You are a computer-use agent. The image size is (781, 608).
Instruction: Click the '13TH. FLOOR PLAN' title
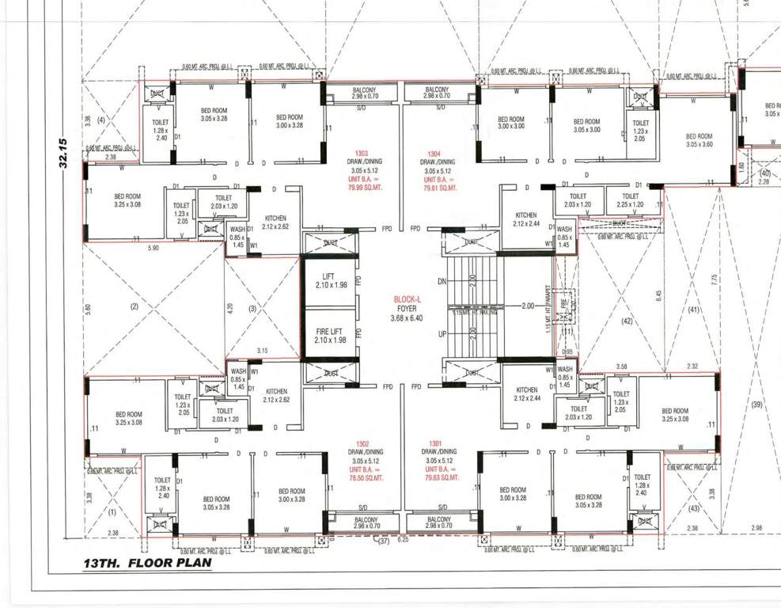click(148, 564)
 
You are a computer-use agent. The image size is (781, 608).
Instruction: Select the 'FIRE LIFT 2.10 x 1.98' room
click(328, 334)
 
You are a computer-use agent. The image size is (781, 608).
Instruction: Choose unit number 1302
click(363, 443)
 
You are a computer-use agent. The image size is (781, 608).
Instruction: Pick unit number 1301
click(435, 443)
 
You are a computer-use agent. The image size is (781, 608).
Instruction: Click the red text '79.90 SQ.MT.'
click(366, 188)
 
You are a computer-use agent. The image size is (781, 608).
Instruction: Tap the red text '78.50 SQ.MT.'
click(366, 478)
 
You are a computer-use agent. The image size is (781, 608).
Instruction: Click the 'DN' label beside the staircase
click(442, 282)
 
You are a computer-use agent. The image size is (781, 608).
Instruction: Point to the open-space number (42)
click(627, 321)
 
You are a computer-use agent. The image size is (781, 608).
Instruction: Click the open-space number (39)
click(756, 405)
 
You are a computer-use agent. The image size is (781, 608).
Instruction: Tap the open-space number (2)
click(134, 306)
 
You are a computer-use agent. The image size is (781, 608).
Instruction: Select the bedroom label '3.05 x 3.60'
click(699, 144)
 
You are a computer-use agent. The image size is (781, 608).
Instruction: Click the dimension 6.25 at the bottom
click(403, 540)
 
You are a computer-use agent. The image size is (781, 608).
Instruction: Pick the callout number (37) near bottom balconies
click(384, 541)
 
